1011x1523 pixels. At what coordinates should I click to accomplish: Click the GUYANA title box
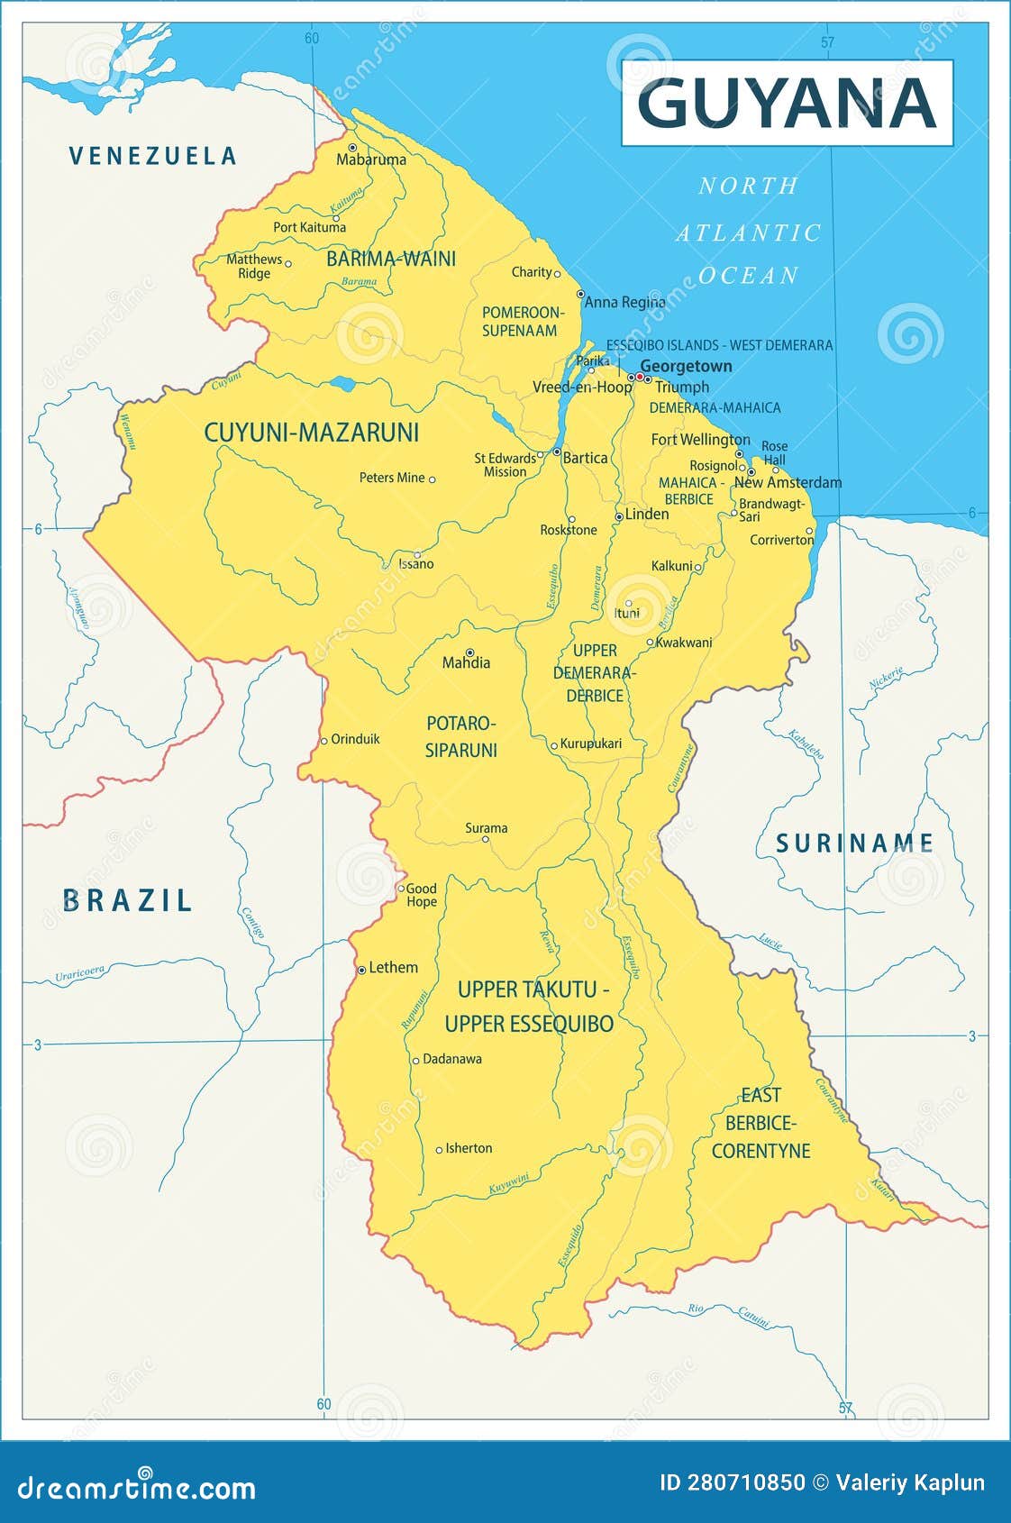(787, 103)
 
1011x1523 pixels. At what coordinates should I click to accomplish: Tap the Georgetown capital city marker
(640, 377)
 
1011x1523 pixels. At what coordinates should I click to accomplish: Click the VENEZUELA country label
(153, 156)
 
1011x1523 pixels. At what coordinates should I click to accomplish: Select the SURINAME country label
(854, 844)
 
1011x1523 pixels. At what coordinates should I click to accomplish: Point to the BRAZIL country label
(127, 900)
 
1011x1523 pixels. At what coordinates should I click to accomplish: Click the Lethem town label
(393, 967)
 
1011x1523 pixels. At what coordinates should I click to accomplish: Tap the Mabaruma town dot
(352, 147)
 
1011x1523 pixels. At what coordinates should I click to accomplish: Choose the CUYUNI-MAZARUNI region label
(311, 433)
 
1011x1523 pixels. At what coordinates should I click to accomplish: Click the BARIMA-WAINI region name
(390, 259)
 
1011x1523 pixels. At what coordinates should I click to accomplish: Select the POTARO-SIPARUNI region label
(460, 736)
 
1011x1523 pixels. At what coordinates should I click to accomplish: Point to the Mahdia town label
(466, 663)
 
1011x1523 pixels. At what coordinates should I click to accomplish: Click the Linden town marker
(619, 516)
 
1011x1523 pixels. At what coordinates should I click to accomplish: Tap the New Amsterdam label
(788, 482)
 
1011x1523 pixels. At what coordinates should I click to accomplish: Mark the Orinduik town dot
(324, 741)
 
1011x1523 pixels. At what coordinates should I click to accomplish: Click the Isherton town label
(469, 1148)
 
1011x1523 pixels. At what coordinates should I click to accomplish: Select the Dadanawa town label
(451, 1059)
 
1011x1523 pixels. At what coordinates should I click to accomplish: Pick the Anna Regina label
(624, 302)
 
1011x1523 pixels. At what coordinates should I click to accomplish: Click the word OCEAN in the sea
(749, 276)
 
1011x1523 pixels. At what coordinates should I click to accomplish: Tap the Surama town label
(486, 827)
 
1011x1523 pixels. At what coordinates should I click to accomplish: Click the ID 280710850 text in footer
(732, 1483)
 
